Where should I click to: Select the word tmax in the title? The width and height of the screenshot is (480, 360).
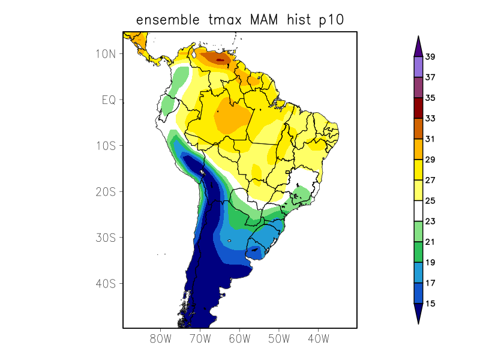point(224,20)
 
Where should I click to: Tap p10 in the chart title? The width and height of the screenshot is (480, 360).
point(331,20)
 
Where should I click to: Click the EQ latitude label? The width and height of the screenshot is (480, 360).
point(109,100)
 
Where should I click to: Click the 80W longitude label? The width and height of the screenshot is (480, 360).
point(161,338)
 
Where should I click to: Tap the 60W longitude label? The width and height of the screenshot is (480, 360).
point(239,338)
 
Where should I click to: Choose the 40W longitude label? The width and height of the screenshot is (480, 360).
point(318,338)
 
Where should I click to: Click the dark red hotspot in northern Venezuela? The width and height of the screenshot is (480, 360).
point(220,59)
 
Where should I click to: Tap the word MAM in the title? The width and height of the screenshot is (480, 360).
point(268,20)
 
